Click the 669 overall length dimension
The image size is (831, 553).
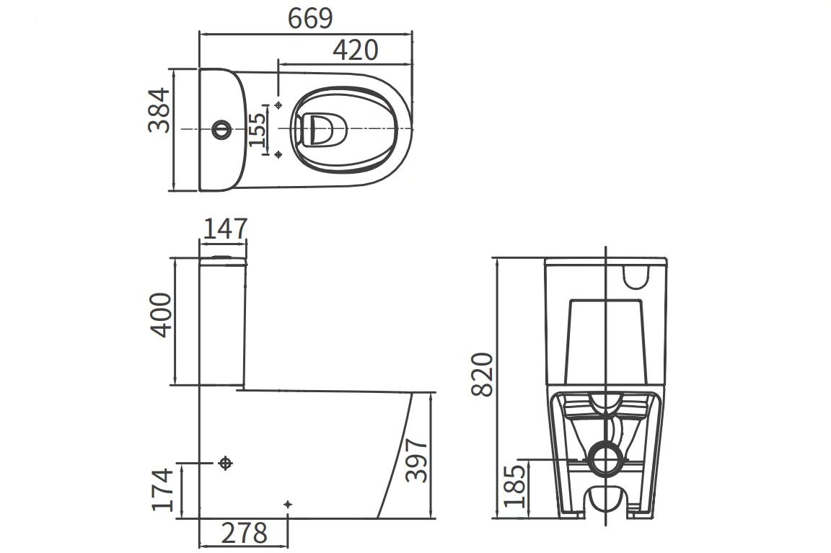tap(310, 18)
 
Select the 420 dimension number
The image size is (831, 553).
tap(355, 50)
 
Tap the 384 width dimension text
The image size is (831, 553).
tap(159, 110)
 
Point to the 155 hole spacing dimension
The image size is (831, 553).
tap(258, 130)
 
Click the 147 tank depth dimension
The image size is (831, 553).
tap(224, 229)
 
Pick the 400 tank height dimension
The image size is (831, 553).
tap(160, 314)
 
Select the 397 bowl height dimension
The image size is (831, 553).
tap(418, 459)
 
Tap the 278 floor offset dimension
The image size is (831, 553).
tap(243, 534)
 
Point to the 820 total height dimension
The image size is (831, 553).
tap(482, 374)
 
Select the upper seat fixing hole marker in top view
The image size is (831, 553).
tap(278, 105)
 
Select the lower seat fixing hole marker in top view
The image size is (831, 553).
tap(278, 154)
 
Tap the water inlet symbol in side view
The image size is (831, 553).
tap(225, 463)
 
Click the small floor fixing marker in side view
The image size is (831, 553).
tap(288, 503)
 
